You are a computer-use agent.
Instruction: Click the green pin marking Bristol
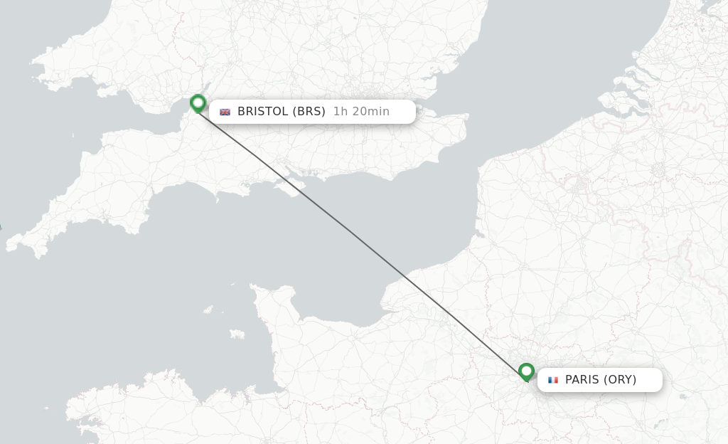tap(198, 104)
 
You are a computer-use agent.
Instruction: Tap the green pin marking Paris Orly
tap(526, 371)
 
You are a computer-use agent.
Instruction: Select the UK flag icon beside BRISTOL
tap(225, 112)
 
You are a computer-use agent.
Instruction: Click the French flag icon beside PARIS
tap(553, 380)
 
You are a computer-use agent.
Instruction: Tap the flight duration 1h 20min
tap(361, 111)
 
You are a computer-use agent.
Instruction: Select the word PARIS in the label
tap(582, 380)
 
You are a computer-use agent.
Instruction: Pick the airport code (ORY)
tap(620, 380)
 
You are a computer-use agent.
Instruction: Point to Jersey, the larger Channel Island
tap(237, 333)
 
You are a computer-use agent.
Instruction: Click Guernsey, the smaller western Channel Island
tap(208, 310)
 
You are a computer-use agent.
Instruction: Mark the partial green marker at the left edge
tap(0, 228)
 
